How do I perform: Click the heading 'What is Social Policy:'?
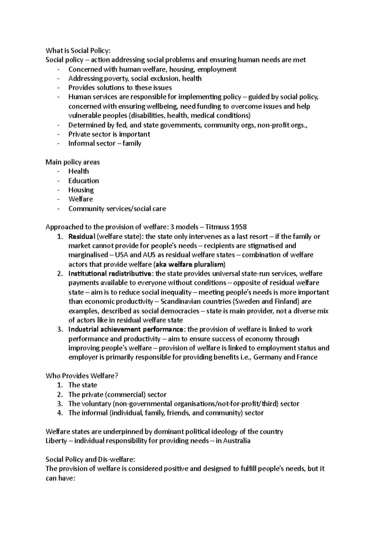[x=78, y=51]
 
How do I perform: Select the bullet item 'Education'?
[x=84, y=181]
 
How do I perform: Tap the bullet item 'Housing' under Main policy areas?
[x=81, y=190]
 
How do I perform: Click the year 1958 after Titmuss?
[x=239, y=227]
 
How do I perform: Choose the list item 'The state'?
[x=83, y=385]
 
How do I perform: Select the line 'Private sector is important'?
[x=109, y=134]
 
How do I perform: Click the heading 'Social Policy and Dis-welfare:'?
[x=90, y=459]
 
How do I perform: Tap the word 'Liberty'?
[x=56, y=441]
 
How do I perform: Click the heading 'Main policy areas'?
[x=73, y=162]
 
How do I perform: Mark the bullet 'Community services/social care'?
[x=117, y=209]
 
